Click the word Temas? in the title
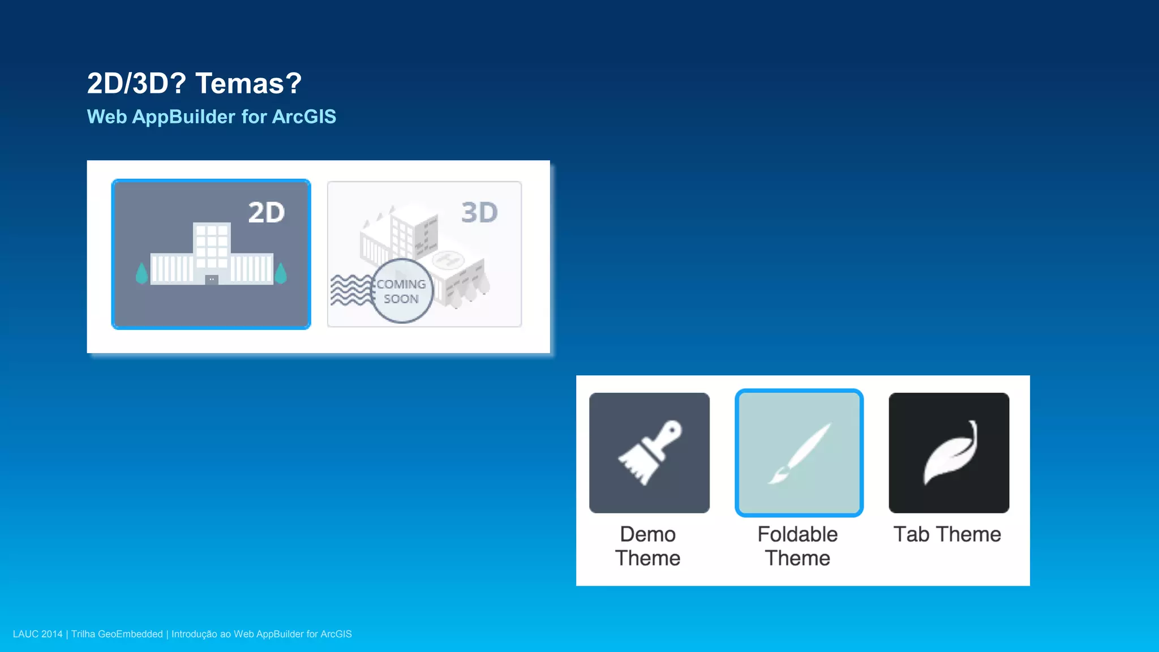pos(248,84)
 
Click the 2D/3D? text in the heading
pos(136,84)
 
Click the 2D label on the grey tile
pos(266,213)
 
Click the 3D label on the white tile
pos(479,213)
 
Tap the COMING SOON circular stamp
pos(402,291)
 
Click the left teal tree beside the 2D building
pos(141,273)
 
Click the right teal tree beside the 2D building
pos(281,273)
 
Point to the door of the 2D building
pos(212,280)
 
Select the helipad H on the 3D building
pos(448,260)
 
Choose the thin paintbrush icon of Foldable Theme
pos(799,453)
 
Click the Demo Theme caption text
pos(648,546)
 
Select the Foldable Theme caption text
pos(797,546)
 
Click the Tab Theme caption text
pos(947,534)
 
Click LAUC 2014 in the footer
pos(37,634)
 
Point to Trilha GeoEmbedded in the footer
pos(117,634)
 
